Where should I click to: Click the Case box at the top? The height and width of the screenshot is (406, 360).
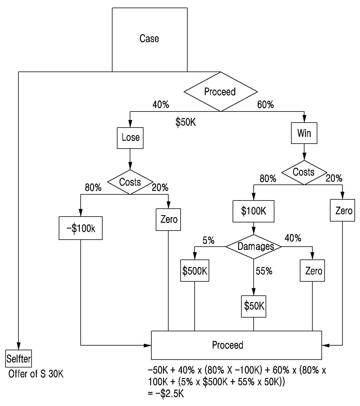(150, 40)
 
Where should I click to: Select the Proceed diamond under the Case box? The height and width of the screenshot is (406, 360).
(221, 92)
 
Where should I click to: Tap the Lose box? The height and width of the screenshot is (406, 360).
(130, 138)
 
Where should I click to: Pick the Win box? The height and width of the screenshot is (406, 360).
(304, 133)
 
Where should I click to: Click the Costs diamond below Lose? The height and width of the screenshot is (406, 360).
(130, 182)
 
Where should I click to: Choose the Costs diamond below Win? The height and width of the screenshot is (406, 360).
(304, 172)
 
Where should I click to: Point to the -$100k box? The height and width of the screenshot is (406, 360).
(80, 228)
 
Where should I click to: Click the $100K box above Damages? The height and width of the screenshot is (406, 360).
(253, 211)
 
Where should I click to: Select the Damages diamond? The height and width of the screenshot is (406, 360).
(253, 247)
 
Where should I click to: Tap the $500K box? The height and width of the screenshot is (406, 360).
(195, 271)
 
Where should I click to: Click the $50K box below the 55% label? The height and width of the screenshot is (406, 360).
(253, 306)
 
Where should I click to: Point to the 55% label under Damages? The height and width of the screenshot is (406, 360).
(264, 271)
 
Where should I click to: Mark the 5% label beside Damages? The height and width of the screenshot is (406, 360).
(209, 241)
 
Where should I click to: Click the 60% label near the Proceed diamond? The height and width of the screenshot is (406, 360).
(266, 104)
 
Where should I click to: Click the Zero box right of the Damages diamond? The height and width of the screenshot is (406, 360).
(312, 271)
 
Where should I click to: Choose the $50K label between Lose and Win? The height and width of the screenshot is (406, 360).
(186, 122)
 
